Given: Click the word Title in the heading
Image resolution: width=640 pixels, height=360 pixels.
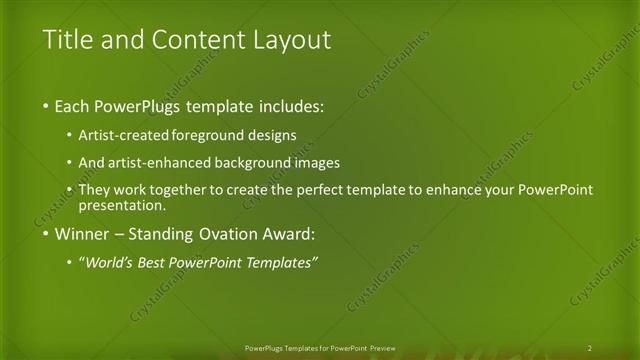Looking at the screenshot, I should click(68, 41).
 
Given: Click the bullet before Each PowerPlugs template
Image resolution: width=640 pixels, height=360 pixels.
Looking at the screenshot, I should click(47, 105).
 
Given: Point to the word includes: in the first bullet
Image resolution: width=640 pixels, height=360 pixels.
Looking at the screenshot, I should click(295, 105).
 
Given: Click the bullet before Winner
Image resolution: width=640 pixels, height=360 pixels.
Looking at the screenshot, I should click(47, 235).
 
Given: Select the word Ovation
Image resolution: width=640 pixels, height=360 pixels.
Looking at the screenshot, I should click(225, 235).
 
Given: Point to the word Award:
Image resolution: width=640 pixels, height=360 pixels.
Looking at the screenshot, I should click(287, 235).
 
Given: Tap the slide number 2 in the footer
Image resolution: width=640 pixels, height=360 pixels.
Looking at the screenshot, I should click(589, 348).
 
